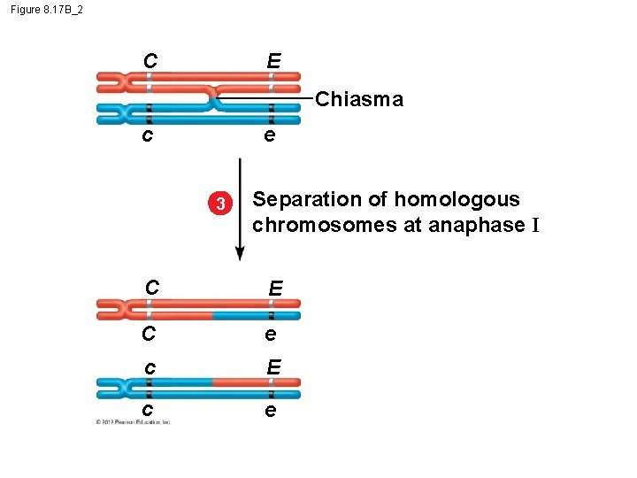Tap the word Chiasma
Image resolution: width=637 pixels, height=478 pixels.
point(358,99)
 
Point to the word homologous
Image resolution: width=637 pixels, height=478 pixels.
point(468,199)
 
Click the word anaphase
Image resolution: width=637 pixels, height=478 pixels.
point(476,225)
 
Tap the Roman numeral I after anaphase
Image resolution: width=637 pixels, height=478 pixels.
point(534,225)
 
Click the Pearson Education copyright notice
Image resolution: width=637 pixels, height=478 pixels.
point(133,421)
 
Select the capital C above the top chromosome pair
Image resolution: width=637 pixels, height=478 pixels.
point(150,61)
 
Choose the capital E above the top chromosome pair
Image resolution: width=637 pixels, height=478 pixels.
point(273,61)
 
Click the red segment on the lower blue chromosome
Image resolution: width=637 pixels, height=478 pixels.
point(239,382)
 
